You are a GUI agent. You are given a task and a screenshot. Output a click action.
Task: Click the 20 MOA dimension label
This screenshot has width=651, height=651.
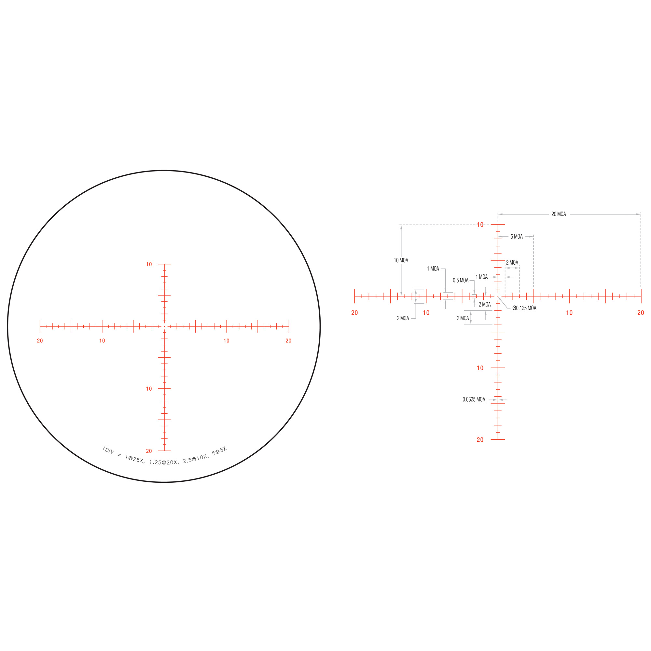point(558,214)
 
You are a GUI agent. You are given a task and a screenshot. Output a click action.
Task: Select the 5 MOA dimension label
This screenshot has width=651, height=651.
point(517,237)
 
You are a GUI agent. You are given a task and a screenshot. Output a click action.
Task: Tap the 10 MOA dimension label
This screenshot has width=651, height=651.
point(401,260)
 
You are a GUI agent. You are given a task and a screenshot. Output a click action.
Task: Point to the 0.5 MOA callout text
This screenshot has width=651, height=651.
point(461,280)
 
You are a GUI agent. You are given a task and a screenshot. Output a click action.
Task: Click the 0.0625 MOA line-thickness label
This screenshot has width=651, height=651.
point(474,399)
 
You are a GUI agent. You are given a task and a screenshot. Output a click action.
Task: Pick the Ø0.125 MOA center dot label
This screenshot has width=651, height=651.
point(524,308)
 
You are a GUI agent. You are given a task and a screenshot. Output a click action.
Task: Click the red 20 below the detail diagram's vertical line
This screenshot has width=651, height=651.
point(480,440)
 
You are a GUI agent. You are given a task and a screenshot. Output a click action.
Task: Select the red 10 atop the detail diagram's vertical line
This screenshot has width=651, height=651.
point(480,225)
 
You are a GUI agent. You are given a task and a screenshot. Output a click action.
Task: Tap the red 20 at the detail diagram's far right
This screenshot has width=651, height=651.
point(641,313)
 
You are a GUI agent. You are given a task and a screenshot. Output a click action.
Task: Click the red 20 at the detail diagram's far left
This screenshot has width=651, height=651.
point(354,313)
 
